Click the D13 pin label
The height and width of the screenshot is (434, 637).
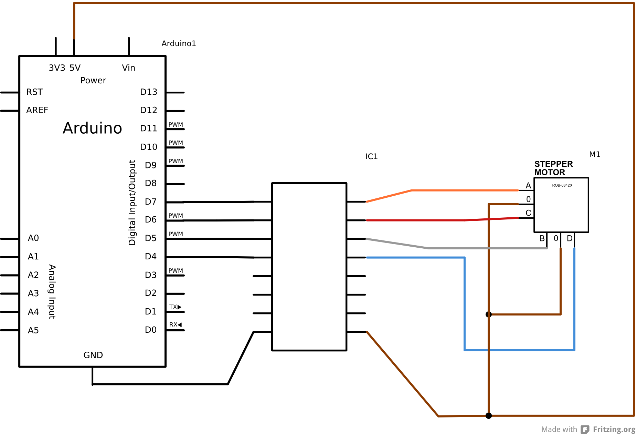tap(148, 92)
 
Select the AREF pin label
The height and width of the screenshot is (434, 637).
tap(37, 110)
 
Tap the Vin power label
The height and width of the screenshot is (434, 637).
tap(128, 68)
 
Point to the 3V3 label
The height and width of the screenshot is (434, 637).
tap(57, 68)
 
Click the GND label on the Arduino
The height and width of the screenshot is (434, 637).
tap(93, 355)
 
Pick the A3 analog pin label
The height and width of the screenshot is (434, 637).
tap(33, 293)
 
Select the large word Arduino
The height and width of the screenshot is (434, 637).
tap(92, 128)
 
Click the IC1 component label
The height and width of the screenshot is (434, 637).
tap(371, 157)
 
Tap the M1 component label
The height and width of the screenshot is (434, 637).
tap(594, 154)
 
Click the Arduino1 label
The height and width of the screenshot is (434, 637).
tap(179, 43)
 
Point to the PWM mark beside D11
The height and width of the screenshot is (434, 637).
tap(176, 125)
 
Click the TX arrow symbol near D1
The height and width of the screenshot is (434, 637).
tap(179, 307)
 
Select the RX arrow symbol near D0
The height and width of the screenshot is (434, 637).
tap(179, 325)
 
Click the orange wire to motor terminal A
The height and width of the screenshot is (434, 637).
tap(465, 190)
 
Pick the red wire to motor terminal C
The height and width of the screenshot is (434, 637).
tap(430, 220)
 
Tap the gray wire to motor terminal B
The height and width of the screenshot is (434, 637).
tap(482, 248)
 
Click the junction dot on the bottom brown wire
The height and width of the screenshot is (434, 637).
tap(488, 416)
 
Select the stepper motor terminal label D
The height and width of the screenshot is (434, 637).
tap(570, 238)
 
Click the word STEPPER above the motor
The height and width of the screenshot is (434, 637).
tap(553, 164)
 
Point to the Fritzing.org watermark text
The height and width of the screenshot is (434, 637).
tap(614, 429)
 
